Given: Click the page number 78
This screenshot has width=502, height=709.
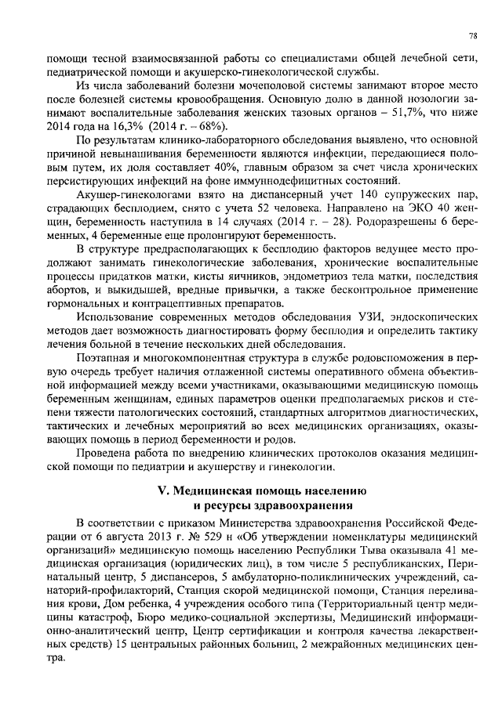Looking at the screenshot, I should tap(473, 36).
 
